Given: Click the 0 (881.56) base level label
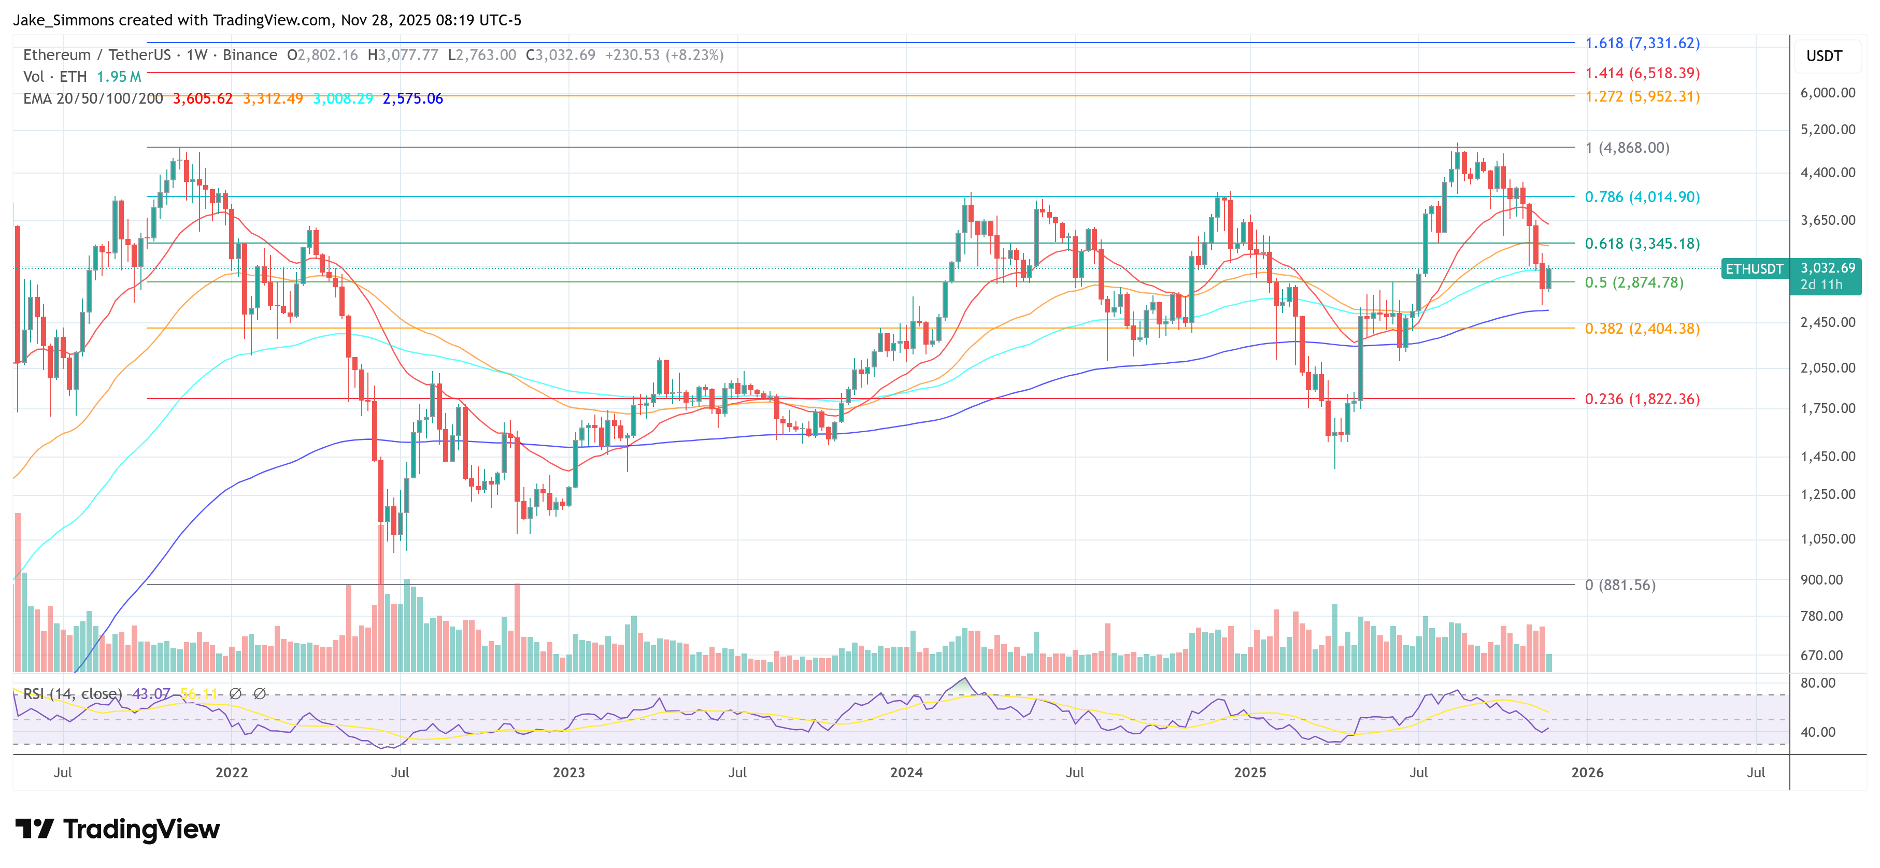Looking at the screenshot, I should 1619,585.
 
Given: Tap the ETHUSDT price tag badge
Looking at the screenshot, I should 1754,268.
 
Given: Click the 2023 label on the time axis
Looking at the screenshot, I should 568,772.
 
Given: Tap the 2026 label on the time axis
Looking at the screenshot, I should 1587,772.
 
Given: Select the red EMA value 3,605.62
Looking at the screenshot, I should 202,98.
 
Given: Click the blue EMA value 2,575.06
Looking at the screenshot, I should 412,98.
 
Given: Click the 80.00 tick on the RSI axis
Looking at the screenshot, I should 1817,682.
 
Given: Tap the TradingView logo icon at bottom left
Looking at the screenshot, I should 34,829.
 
